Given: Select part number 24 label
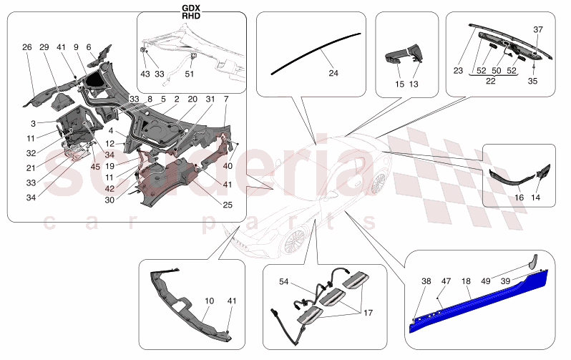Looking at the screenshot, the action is [333, 73].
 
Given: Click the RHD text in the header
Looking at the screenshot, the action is [191, 16].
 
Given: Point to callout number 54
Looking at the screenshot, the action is [284, 281].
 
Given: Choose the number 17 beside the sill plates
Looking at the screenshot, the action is [369, 313].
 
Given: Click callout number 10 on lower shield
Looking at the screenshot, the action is [209, 301].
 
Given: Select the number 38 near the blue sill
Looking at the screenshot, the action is [426, 281].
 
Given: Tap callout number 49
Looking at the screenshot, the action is [485, 281].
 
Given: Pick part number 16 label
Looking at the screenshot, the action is [519, 198].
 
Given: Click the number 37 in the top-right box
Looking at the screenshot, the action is [538, 29].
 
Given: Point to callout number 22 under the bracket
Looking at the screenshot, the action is [491, 81].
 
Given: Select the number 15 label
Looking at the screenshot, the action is [399, 84].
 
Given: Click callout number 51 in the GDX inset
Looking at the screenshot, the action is [189, 74].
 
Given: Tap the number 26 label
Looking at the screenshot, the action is [27, 47].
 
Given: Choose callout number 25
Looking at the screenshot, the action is [228, 205].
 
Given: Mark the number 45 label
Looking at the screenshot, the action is [95, 167].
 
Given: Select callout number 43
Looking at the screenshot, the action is [145, 74].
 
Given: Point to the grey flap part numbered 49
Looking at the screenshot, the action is [533, 262].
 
